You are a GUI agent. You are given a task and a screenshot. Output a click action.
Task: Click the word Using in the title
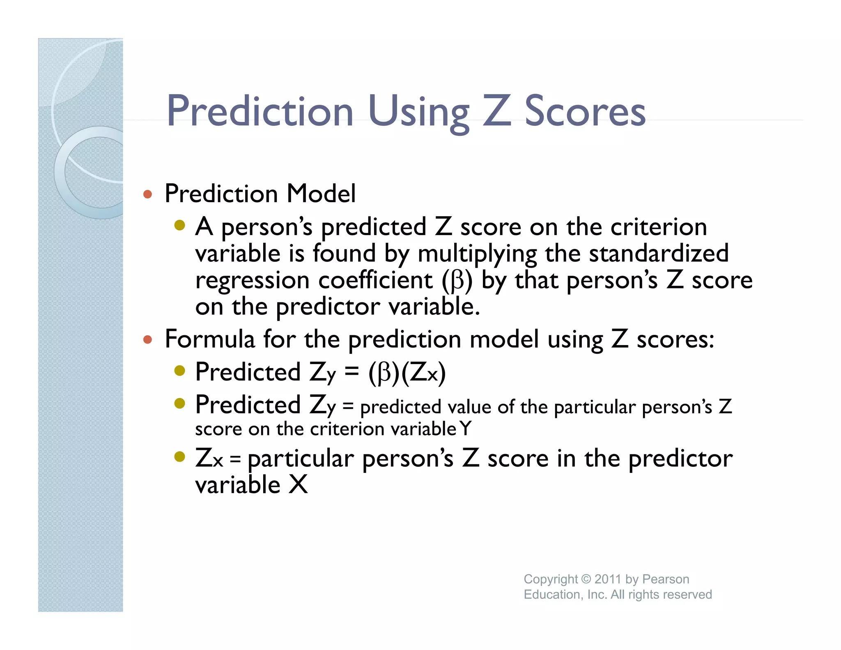(419, 112)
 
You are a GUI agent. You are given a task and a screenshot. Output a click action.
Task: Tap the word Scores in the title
(585, 112)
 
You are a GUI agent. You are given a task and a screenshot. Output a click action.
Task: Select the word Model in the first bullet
(321, 194)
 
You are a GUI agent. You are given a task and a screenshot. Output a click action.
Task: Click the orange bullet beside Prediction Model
(148, 194)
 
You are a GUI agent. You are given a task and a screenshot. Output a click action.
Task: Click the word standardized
(659, 253)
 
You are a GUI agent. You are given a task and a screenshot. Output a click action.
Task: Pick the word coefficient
(375, 280)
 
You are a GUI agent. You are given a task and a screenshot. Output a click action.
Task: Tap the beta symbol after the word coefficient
(457, 281)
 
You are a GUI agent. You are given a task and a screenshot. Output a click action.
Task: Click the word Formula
(210, 339)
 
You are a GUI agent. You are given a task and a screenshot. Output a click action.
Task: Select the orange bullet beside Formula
(148, 340)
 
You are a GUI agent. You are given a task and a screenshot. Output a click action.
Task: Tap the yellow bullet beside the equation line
(180, 371)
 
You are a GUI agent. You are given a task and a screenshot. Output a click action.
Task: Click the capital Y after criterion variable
(466, 429)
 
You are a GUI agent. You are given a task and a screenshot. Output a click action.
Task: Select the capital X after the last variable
(298, 484)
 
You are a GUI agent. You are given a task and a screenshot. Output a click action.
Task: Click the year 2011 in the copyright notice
(607, 579)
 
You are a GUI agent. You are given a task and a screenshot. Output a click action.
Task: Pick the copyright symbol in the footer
(586, 579)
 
